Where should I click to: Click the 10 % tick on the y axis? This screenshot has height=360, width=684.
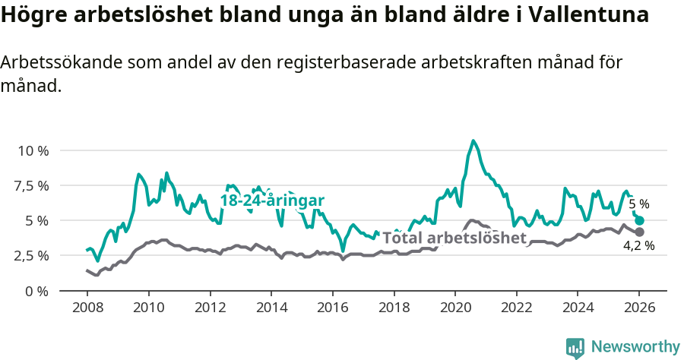coord(33,150)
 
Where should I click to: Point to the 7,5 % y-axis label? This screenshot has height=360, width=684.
coord(33,185)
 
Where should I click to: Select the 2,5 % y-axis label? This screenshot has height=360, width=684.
coord(33,255)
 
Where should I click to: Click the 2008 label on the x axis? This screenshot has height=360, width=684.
coord(87,308)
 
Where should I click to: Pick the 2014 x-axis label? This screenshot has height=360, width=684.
coord(271,308)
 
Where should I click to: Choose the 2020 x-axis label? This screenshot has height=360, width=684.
coord(455,308)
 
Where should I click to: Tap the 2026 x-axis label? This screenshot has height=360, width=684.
coord(639,308)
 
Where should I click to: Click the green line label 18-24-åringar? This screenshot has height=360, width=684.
coord(272,201)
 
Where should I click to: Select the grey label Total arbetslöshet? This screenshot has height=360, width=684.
coord(454,238)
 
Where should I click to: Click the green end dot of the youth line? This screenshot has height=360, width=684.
coord(639,220)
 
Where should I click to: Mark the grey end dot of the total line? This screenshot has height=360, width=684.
coord(639,232)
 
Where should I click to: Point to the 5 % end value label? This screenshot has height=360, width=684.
coord(638,204)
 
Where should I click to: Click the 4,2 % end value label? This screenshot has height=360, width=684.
coord(638,245)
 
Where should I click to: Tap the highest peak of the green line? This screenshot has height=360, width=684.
coord(473,141)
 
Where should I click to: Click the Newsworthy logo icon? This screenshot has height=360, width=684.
coord(575,348)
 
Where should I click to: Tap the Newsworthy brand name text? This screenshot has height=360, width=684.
coord(635,347)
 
